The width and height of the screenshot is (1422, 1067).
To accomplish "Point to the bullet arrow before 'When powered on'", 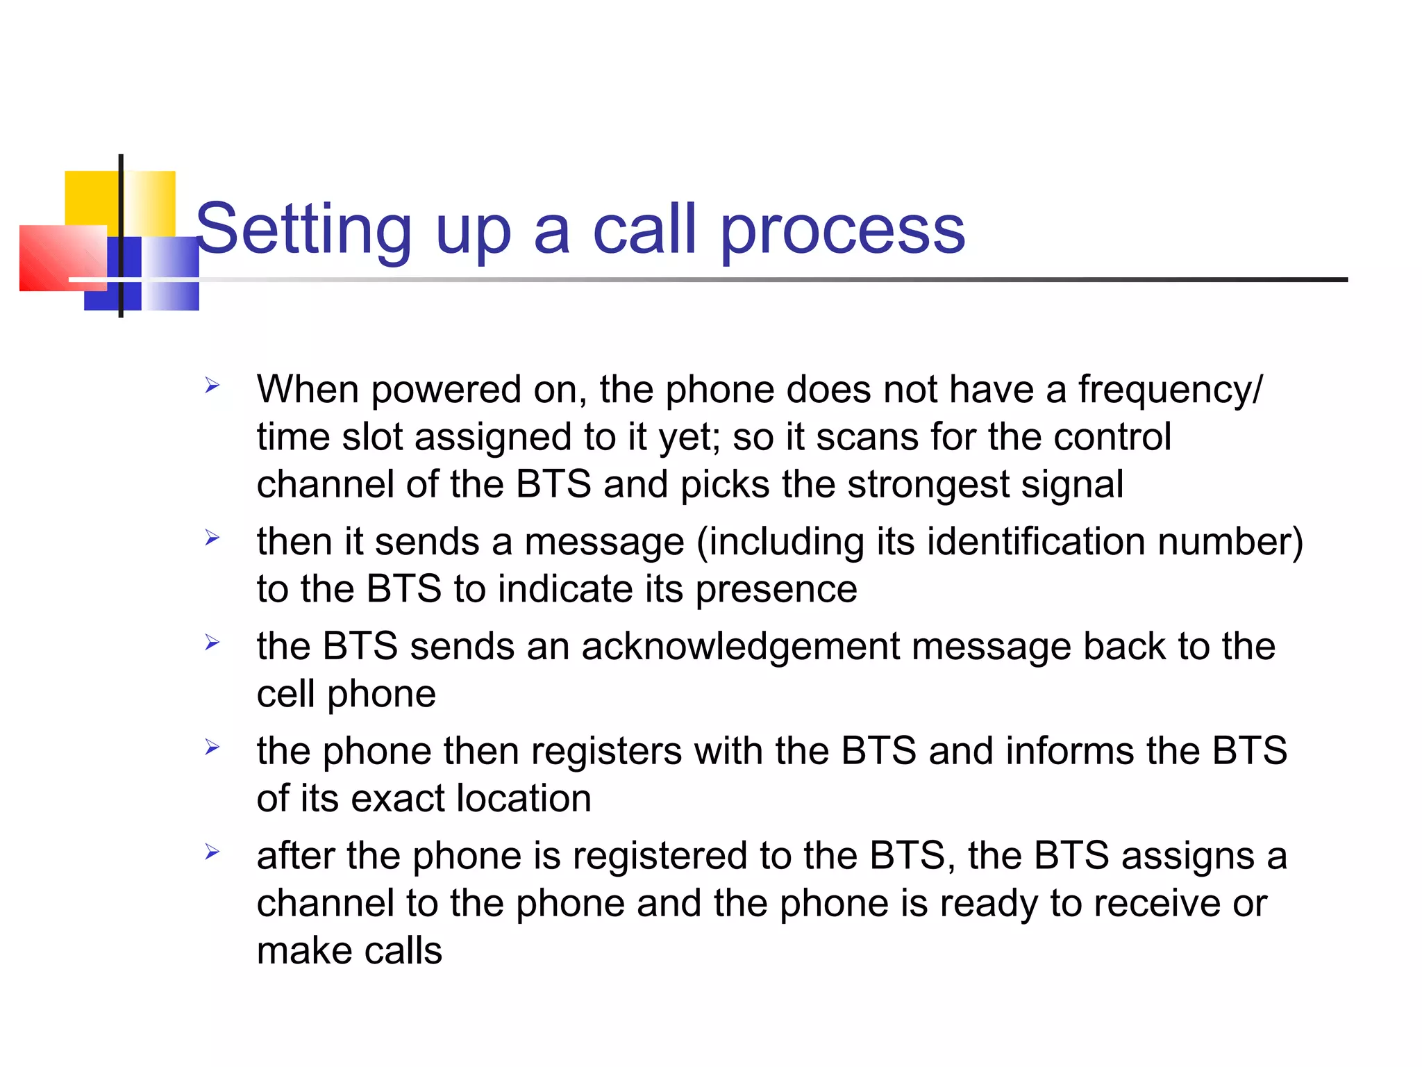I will point(212,385).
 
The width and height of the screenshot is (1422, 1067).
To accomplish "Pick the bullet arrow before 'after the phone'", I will point(212,852).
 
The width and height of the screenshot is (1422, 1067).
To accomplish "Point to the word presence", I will point(776,590).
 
